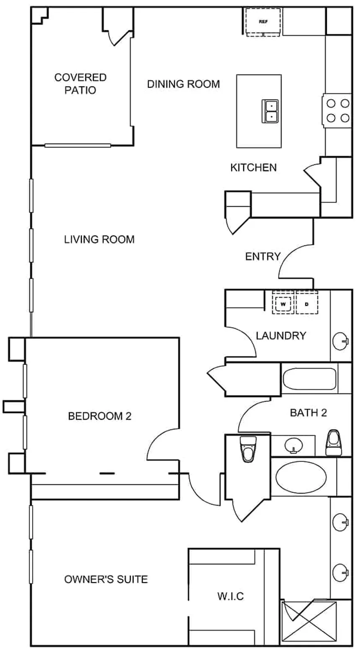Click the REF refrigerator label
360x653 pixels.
click(263, 21)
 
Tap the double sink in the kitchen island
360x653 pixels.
click(270, 111)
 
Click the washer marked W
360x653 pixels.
click(283, 304)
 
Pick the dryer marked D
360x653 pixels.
click(306, 304)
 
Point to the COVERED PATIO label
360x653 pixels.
click(80, 84)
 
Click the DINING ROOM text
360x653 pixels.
click(183, 84)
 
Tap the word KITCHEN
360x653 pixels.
click(253, 168)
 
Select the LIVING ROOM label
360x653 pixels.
click(99, 239)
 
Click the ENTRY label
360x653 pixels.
click(262, 256)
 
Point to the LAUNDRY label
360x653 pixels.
click(281, 335)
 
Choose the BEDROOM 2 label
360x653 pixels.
click(100, 416)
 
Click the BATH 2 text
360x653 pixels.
click(308, 413)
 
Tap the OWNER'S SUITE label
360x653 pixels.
click(106, 579)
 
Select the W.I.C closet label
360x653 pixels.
click(230, 596)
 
